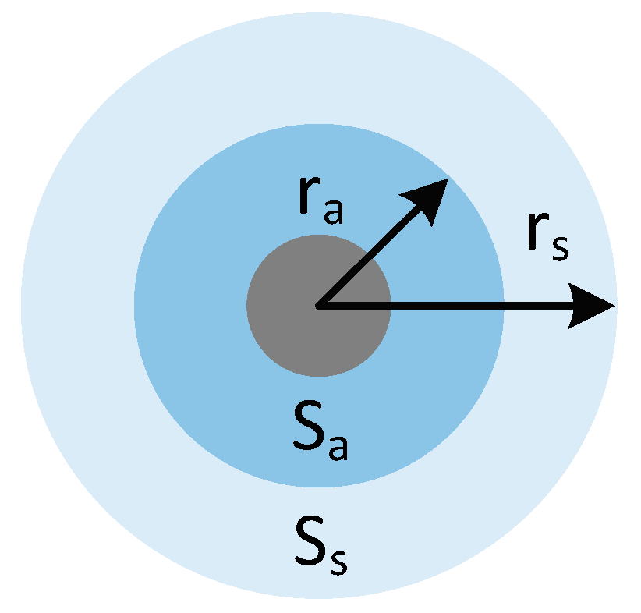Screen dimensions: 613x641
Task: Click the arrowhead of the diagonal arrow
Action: (x=430, y=195)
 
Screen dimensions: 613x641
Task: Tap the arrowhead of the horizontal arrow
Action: (x=593, y=306)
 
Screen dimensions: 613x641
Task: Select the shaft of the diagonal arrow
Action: (x=367, y=258)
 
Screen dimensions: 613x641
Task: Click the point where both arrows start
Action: (x=318, y=306)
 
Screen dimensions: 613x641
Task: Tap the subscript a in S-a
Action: (x=337, y=448)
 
